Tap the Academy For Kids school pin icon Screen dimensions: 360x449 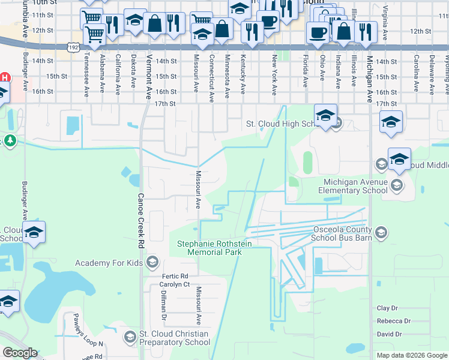152,262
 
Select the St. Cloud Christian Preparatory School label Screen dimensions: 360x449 174,338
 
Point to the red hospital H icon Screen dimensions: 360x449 5,77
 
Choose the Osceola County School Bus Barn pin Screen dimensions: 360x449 380,232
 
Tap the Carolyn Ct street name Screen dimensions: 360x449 175,284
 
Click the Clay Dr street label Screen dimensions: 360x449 387,308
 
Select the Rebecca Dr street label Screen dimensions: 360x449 393,321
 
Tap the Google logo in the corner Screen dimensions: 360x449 20,353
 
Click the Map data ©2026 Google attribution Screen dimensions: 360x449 411,355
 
